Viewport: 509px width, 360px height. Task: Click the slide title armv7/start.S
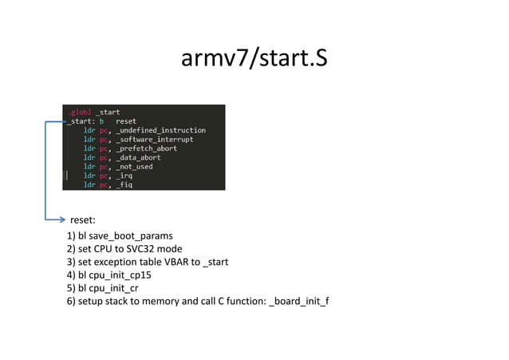[x=254, y=58]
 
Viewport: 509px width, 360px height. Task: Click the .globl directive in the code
[x=78, y=112]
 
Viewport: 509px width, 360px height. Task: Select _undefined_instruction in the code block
[x=160, y=130]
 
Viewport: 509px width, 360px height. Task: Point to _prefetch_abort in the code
[x=146, y=148]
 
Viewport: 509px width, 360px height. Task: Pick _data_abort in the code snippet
[x=137, y=157]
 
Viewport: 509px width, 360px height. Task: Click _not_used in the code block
[x=133, y=167]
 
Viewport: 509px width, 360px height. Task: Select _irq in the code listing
[x=124, y=176]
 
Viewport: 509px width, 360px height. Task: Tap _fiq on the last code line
[x=124, y=184]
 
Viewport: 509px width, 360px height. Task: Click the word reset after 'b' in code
[x=126, y=121]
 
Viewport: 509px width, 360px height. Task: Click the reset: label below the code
[x=83, y=219]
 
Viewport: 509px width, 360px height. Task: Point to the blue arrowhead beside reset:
[x=61, y=218]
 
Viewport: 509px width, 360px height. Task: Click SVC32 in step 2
[x=146, y=249]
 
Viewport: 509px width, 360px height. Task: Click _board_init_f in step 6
[x=299, y=300]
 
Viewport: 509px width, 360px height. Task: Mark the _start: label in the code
[x=80, y=121]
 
